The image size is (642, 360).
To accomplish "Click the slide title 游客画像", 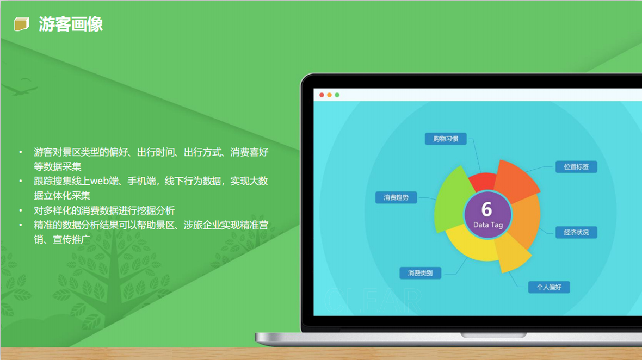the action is click(70, 24).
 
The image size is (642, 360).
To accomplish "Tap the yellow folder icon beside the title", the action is click(22, 24).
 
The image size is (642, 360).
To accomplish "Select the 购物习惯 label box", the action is click(446, 139).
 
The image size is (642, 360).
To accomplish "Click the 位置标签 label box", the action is click(576, 166).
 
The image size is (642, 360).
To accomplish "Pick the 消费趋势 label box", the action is click(396, 197).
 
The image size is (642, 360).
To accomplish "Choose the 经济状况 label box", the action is click(576, 232).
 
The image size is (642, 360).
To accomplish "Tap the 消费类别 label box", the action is click(420, 273).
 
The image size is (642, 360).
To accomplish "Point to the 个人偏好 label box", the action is click(548, 287).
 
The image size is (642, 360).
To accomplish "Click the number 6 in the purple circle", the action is click(487, 209).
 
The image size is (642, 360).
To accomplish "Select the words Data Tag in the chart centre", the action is click(487, 225).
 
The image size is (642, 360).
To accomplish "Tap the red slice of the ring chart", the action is click(483, 181).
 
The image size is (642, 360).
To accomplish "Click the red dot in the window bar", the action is click(322, 95).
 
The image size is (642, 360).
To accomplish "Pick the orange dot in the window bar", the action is click(329, 95).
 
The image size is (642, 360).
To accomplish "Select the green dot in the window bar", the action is click(337, 95).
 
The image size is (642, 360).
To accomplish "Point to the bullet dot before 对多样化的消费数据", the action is click(21, 210).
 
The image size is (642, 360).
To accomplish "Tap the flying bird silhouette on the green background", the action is click(21, 86).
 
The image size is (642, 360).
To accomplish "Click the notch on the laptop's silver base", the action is click(493, 335).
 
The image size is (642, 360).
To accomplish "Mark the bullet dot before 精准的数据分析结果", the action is click(21, 225).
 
